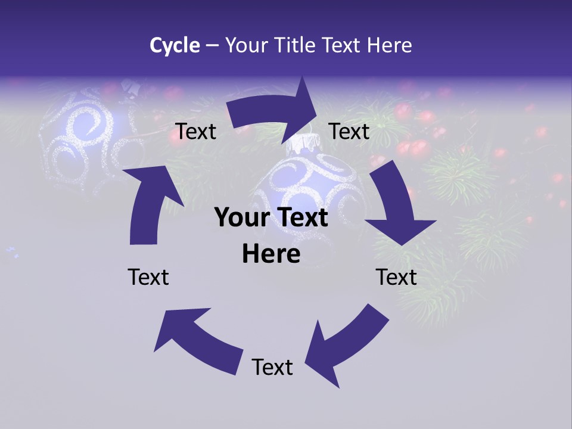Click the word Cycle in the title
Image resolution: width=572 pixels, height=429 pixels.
coord(175,45)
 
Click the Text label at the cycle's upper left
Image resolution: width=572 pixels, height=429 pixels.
coord(196,132)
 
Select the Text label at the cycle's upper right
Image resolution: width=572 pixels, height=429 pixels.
coord(349,131)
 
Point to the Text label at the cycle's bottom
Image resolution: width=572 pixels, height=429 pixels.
coord(272,367)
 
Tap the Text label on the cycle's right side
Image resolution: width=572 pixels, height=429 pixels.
coord(396,277)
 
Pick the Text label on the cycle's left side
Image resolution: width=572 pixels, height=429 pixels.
coord(148,277)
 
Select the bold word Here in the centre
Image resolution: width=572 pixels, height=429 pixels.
coord(271,254)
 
